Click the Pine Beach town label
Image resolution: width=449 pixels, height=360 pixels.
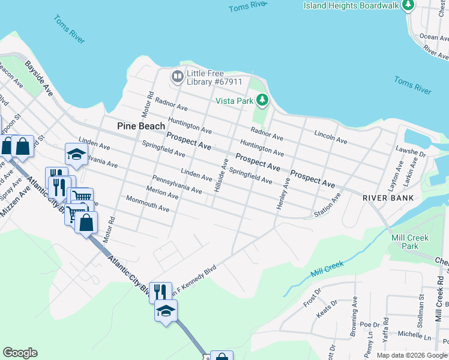(140, 126)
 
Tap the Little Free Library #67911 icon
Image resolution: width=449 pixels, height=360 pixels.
(178, 76)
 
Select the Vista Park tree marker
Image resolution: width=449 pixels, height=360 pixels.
(262, 100)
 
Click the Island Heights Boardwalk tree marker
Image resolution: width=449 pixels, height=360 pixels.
(409, 5)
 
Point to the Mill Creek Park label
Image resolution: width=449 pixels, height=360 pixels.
(410, 242)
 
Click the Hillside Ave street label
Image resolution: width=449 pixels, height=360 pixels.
(220, 175)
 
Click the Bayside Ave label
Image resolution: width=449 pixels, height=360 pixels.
(38, 76)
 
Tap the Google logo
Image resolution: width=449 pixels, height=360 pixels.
(20, 353)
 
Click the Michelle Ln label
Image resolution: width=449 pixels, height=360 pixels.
(411, 334)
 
